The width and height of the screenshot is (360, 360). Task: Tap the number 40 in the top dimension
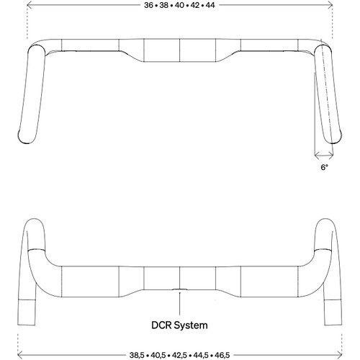pyautogui.click(x=180, y=5)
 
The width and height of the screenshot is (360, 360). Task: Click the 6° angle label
pyautogui.click(x=324, y=166)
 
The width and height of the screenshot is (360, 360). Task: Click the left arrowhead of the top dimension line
pyautogui.click(x=30, y=5)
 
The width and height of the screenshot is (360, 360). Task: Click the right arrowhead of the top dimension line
pyautogui.click(x=330, y=5)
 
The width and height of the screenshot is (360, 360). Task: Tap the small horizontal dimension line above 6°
pyautogui.click(x=323, y=156)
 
